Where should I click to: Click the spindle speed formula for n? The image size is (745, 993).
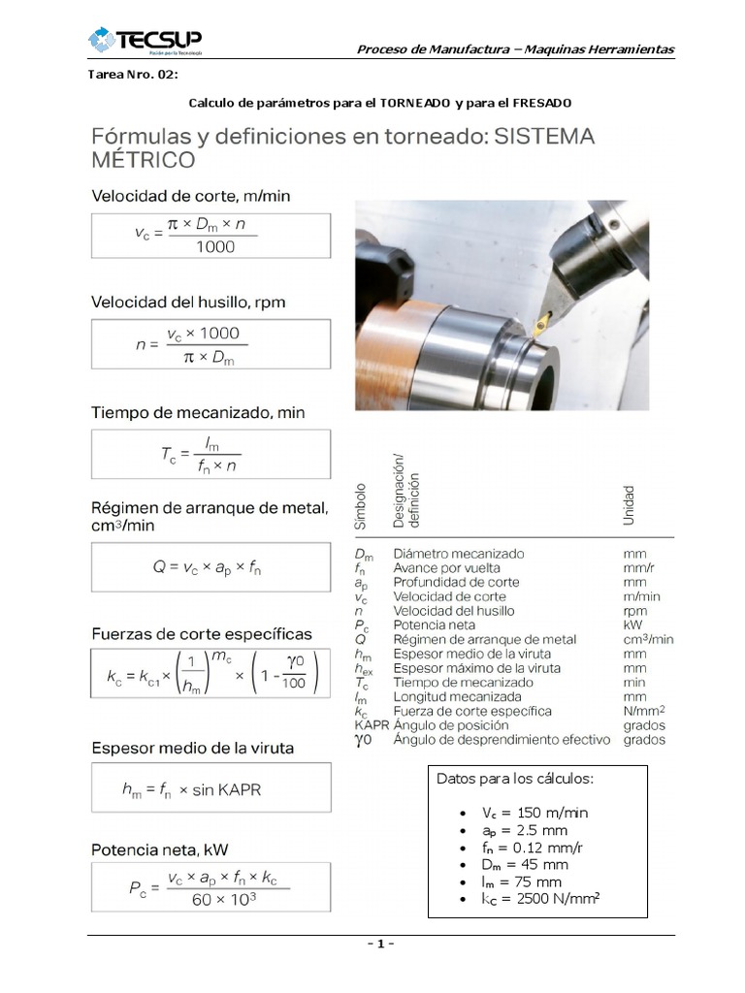coord(211,344)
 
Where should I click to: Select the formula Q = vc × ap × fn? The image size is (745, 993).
coord(211,567)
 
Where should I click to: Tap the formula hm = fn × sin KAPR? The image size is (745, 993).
coord(211,789)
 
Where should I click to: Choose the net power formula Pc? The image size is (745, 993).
coord(211,887)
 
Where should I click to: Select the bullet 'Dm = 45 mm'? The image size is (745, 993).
coord(525,865)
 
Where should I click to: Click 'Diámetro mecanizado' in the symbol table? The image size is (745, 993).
coord(458,554)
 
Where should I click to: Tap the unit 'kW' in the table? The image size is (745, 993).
coord(633,625)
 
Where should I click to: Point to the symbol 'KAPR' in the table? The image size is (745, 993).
coord(372,725)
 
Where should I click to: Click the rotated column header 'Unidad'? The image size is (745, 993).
coord(629,505)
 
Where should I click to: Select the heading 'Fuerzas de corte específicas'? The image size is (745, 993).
coord(202,634)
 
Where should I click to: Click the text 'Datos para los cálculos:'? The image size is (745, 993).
coord(515,779)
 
